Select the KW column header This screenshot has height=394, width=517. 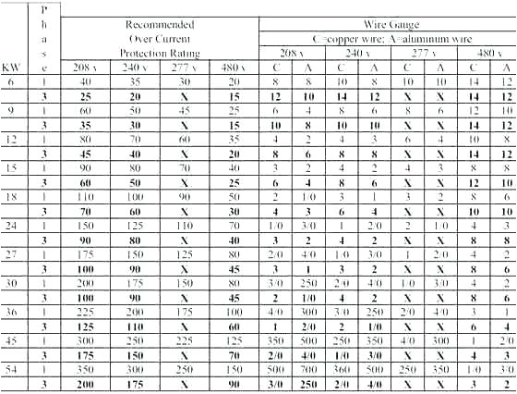12,68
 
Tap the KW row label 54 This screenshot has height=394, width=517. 12,369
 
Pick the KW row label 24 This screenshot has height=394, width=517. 12,225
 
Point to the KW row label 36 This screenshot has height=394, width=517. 12,312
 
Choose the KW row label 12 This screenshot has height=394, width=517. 12,139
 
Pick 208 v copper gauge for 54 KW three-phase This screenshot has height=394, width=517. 274,383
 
